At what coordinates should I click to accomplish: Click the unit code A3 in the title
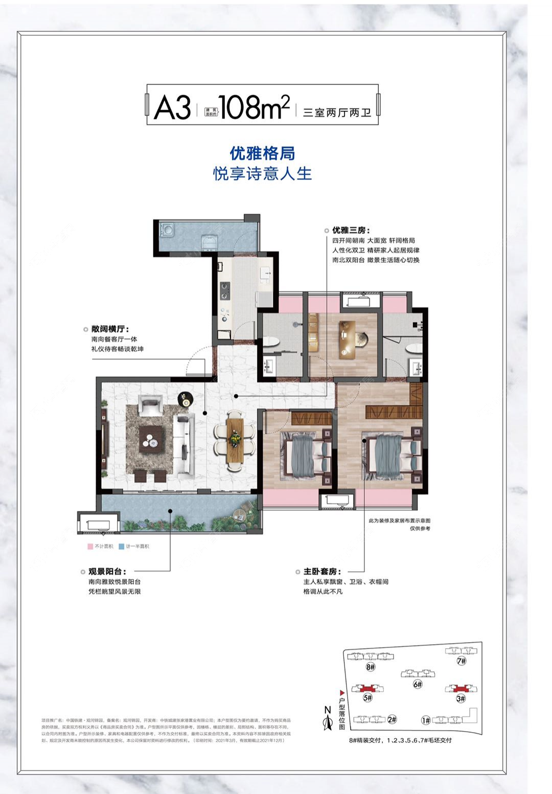172,107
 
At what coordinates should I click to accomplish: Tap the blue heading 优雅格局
262,153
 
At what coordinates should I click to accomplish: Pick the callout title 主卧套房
322,572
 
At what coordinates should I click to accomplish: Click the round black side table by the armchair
185,398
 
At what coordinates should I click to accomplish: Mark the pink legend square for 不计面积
90,547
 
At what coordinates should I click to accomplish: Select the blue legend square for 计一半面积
122,547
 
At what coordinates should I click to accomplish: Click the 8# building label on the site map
371,667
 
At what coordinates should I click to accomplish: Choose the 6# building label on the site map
418,684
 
